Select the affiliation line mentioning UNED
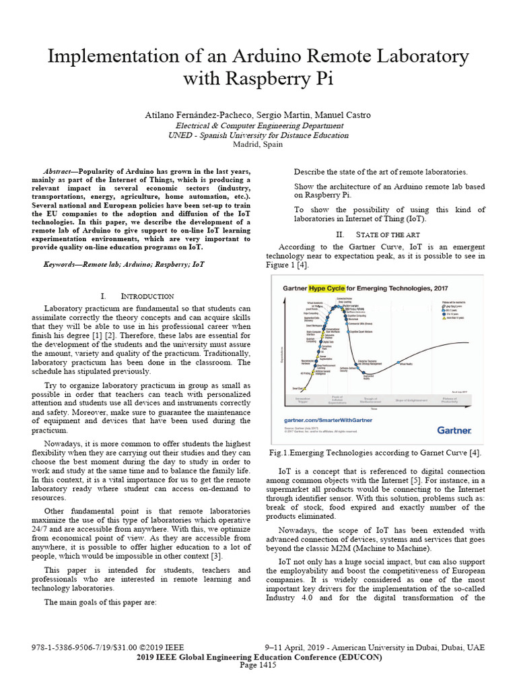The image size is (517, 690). pos(258,135)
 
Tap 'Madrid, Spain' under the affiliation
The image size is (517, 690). pos(258,144)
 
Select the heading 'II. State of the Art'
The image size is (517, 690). pos(369,234)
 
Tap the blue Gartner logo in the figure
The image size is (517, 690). pos(455,429)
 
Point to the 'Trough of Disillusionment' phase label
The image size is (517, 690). pos(368,400)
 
